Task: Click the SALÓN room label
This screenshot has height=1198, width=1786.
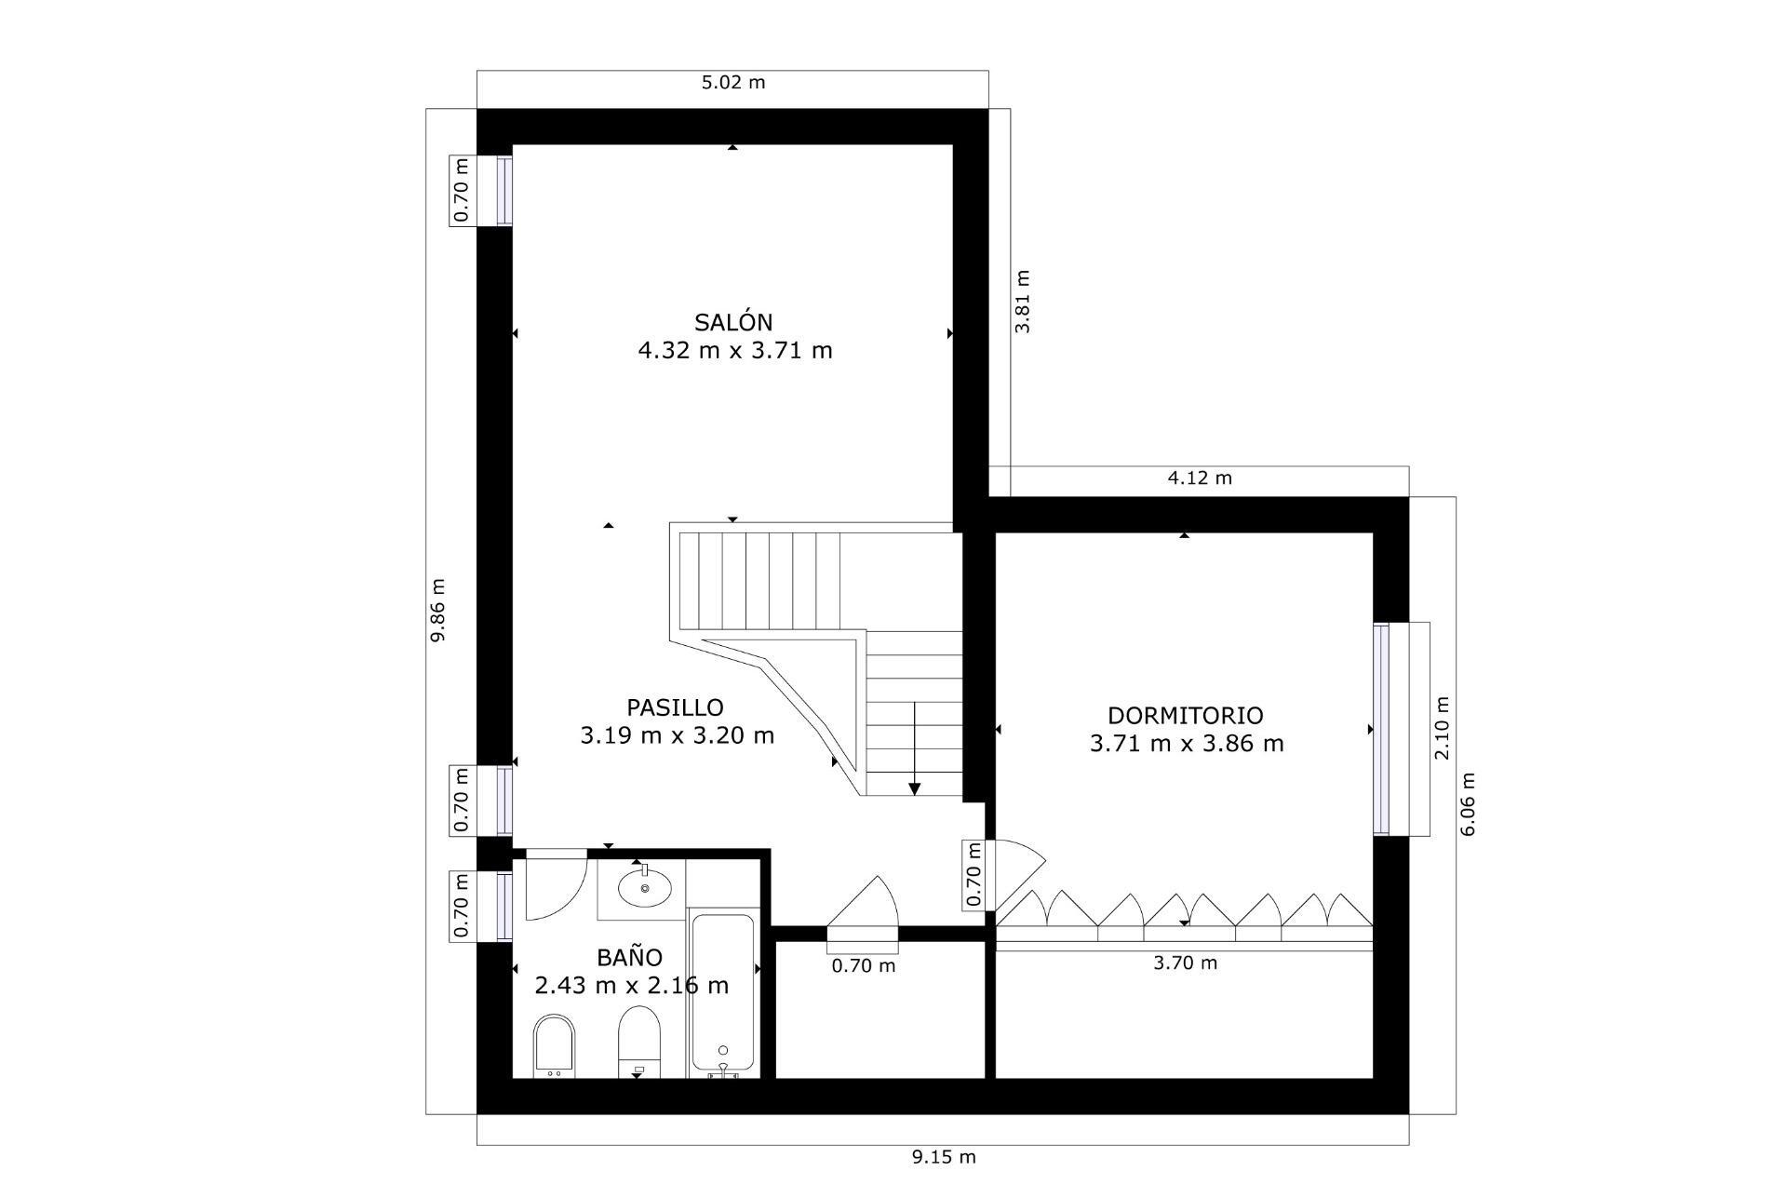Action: pyautogui.click(x=733, y=322)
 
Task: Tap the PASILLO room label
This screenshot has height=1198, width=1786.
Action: pyautogui.click(x=675, y=707)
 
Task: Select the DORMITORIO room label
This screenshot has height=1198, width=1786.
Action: pyautogui.click(x=1185, y=715)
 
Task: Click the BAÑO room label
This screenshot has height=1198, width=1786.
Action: pyautogui.click(x=630, y=957)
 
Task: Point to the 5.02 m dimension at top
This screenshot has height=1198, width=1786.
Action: pyautogui.click(x=732, y=82)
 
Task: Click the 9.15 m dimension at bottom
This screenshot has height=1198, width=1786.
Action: pyautogui.click(x=943, y=1157)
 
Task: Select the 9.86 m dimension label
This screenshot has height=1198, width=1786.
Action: pyautogui.click(x=438, y=610)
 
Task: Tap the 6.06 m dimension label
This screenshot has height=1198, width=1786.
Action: pyautogui.click(x=1468, y=804)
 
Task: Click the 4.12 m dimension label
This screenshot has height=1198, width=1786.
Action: pyautogui.click(x=1199, y=478)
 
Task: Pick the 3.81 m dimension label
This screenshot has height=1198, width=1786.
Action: pyautogui.click(x=1022, y=302)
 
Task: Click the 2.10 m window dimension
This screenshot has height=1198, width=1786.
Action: pyautogui.click(x=1442, y=728)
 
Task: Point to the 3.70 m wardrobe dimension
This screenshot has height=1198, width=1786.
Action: pyautogui.click(x=1184, y=963)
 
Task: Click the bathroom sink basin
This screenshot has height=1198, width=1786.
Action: pyautogui.click(x=645, y=888)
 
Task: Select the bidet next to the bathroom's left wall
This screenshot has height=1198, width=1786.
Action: pyautogui.click(x=555, y=1045)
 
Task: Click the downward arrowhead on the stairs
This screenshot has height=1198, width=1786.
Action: pyautogui.click(x=914, y=788)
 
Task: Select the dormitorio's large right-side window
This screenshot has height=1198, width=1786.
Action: pyautogui.click(x=1381, y=728)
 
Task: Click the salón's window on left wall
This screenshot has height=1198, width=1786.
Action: pyautogui.click(x=504, y=191)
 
